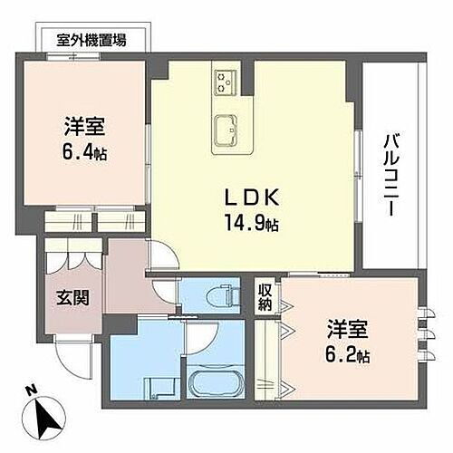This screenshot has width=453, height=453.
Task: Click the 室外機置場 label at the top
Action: pyautogui.click(x=91, y=39)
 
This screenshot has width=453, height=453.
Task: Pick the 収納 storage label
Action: pyautogui.click(x=264, y=297)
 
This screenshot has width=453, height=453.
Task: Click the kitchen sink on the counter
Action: pyautogui.click(x=225, y=128)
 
